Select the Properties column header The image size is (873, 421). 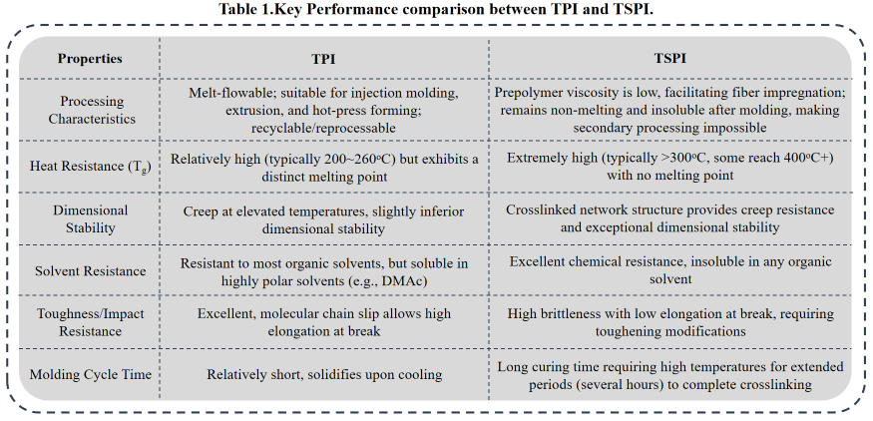90,58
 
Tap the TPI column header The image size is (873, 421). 323,58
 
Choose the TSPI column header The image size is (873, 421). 670,58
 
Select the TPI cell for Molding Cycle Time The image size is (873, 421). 323,374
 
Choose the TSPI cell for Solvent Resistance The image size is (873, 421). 670,270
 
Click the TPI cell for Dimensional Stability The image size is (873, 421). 323,218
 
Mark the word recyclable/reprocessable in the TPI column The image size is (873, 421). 323,128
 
